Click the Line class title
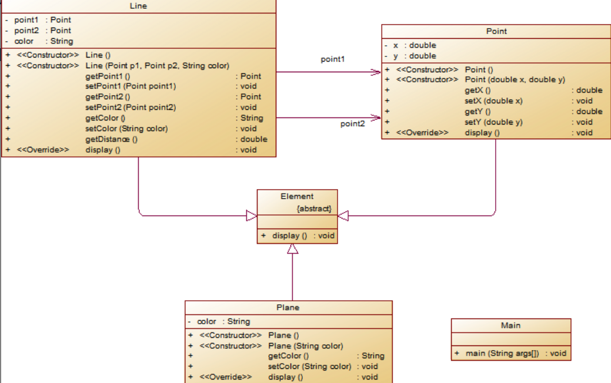point(138,6)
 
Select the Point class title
point(496,31)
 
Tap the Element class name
point(297,197)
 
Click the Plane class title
point(288,307)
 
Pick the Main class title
point(510,325)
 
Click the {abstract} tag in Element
point(314,209)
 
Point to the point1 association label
point(332,59)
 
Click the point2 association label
point(352,124)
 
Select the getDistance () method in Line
point(111,139)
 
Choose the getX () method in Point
point(478,90)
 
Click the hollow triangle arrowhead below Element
point(292,248)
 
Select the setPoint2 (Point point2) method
point(131,107)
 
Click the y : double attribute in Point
point(415,56)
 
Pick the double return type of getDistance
point(253,139)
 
